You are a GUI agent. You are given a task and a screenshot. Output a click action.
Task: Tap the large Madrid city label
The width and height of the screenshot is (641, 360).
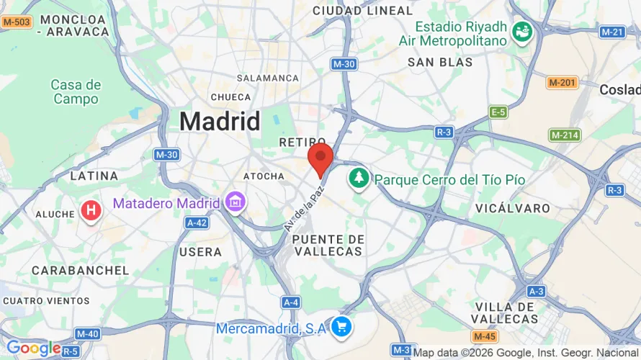coord(220,121)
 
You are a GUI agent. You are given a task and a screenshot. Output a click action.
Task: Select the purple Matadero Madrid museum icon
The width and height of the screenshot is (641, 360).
coord(235,203)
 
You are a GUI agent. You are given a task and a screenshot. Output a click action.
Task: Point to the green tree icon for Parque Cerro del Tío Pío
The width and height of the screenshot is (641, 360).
coord(358,178)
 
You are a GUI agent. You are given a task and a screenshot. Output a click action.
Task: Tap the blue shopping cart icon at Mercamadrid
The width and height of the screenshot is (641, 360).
coord(341,328)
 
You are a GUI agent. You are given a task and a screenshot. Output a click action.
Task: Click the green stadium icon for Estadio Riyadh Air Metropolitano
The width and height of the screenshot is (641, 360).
coord(521,30)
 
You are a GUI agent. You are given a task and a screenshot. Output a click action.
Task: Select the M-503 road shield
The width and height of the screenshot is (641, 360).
coord(16,22)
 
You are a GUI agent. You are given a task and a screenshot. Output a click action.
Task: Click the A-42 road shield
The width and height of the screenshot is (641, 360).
coord(197,223)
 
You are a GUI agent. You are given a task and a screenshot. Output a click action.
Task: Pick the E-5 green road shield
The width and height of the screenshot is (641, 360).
coord(498,112)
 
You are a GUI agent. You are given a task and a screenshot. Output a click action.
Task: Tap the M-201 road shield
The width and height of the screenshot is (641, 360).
coord(562,83)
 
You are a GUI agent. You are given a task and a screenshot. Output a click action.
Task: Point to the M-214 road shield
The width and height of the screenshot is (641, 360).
coord(565,135)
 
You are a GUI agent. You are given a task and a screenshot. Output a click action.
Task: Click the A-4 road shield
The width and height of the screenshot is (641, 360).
coord(291,302)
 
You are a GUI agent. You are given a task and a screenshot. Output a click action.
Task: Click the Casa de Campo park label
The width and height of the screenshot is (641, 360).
coord(76,92)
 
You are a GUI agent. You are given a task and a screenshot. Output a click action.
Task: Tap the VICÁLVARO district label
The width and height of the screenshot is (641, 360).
coord(513,208)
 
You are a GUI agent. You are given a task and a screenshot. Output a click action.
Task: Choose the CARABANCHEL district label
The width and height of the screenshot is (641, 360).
coord(80,271)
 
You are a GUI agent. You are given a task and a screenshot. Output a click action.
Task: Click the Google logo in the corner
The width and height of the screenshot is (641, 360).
coord(33,348)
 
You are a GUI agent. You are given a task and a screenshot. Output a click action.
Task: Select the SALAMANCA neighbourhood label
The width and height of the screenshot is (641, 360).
coord(267,78)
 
